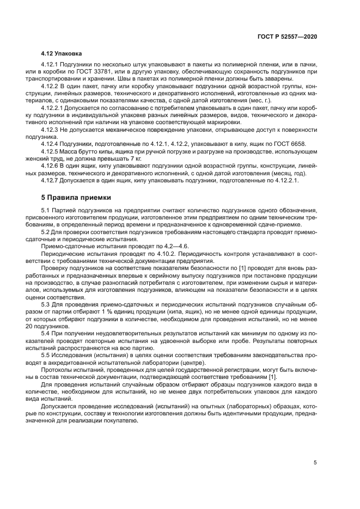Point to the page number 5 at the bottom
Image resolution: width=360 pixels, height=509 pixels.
tap(315, 462)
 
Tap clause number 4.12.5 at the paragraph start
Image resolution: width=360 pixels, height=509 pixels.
tap(53, 150)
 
